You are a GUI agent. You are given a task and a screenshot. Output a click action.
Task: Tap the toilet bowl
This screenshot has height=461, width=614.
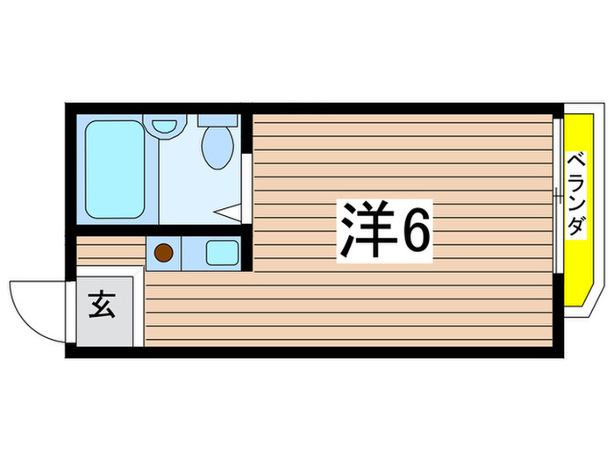[215, 147]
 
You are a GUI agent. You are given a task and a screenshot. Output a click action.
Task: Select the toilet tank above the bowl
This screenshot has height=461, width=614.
[216, 119]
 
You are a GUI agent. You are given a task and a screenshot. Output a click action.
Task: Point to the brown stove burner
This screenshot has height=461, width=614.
[163, 253]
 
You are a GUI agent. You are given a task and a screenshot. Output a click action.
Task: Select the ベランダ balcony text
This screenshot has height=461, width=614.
[575, 195]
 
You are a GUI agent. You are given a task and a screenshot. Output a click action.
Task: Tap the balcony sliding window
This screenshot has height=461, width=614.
[557, 195]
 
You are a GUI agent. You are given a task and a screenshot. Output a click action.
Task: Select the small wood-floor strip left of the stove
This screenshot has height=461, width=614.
[110, 252]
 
